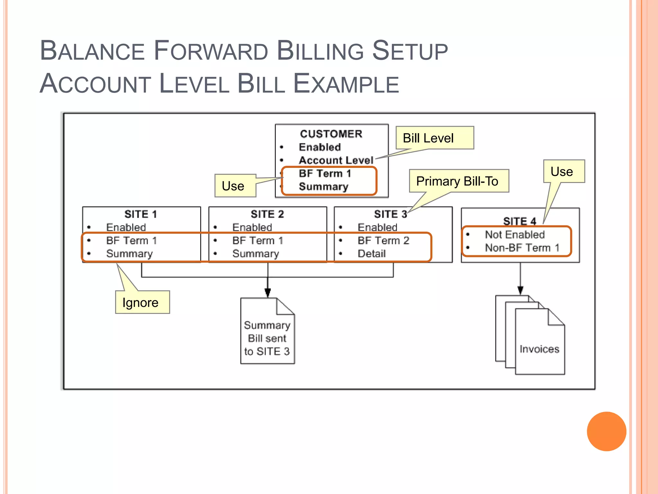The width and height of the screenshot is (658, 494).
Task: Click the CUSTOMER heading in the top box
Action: [331, 134]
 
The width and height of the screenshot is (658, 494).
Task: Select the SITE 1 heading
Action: [141, 214]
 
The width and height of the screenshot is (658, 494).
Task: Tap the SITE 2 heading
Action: [267, 214]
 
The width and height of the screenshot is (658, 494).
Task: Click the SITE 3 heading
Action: [390, 214]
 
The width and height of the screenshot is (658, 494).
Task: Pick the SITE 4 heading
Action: [520, 221]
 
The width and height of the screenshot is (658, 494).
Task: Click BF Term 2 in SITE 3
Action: [383, 241]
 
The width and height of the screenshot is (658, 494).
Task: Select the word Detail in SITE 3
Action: [371, 254]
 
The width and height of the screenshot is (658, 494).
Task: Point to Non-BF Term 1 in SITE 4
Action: [522, 248]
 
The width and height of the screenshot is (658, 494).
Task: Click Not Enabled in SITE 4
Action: [515, 234]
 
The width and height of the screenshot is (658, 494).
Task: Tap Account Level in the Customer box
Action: [336, 160]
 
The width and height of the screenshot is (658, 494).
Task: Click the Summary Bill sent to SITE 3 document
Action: [267, 338]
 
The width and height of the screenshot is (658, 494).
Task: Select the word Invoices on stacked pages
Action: [539, 349]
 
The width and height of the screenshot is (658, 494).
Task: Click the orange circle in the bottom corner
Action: [606, 431]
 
